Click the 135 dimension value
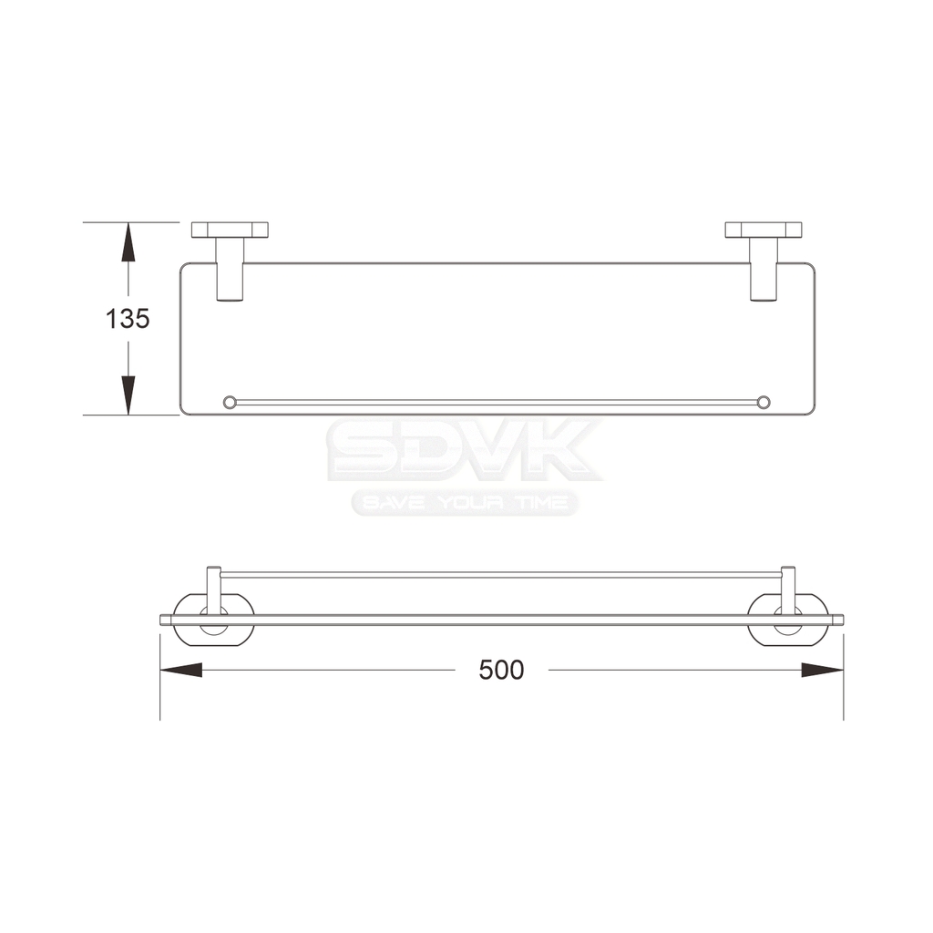coord(128,319)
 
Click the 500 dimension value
coord(501,670)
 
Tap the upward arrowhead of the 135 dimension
coord(128,241)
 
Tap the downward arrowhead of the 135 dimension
coord(128,395)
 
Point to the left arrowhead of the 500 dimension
coord(181,670)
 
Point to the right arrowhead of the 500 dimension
coord(823,670)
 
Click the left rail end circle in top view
coord(229,402)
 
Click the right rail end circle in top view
coord(764,402)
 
